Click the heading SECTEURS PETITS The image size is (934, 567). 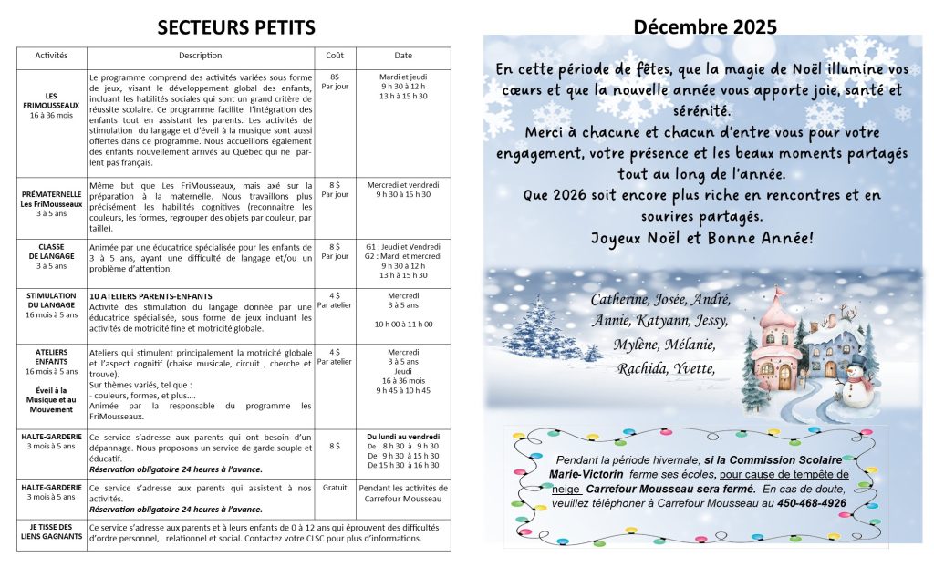pos(236,27)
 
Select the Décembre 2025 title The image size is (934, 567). pos(705,26)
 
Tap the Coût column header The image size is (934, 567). pos(335,56)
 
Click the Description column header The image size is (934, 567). pos(201,56)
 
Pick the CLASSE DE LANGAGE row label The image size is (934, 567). pos(51,256)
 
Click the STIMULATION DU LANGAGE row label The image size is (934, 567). pos(51,305)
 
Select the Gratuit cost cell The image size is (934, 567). pos(335,488)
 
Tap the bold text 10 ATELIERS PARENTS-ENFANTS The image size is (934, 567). pos(150,296)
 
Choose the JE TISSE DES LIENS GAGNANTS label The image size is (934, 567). pos(51,531)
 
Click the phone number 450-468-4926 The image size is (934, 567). pos(812,503)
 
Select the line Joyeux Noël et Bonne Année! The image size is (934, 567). pos(701,239)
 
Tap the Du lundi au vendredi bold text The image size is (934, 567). pos(403,436)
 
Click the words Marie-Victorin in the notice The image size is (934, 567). pos(586,475)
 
